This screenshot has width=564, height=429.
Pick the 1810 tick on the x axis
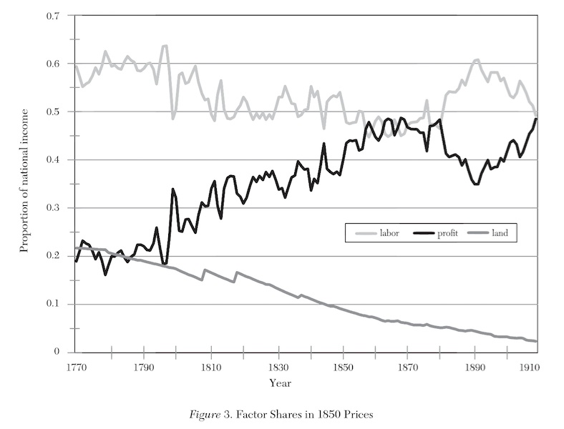point(210,368)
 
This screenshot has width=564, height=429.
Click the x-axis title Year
point(280,383)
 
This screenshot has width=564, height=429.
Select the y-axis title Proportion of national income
point(24,180)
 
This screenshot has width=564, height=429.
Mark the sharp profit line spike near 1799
point(173,189)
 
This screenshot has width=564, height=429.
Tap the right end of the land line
point(536,341)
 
